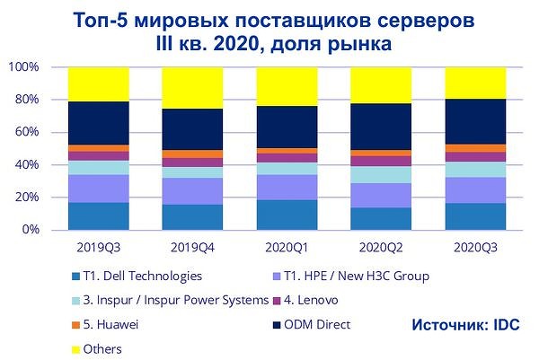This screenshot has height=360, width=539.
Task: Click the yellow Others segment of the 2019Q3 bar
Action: click(x=99, y=84)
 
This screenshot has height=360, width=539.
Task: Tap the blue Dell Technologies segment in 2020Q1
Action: click(x=287, y=215)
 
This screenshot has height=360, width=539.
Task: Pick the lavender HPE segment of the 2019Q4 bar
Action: click(x=192, y=190)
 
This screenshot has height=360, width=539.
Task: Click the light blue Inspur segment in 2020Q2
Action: click(x=381, y=174)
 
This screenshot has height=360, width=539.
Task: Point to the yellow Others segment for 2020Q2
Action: click(x=381, y=85)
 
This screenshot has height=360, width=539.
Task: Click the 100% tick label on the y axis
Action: click(x=23, y=67)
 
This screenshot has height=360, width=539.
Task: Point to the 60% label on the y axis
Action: click(x=26, y=133)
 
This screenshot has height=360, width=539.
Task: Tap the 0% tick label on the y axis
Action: click(x=30, y=230)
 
